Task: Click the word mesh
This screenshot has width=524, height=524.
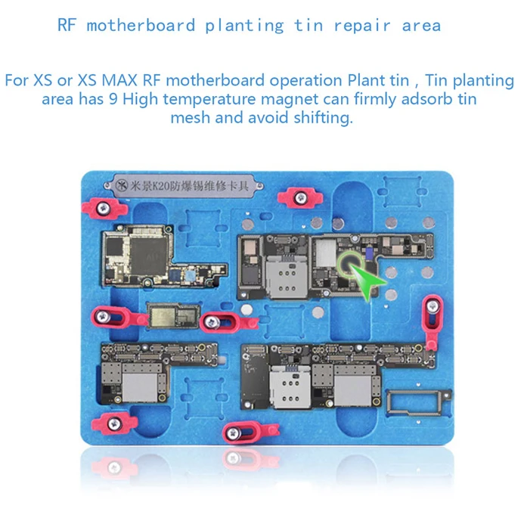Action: (189, 119)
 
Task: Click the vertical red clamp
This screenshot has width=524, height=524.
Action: (432, 322)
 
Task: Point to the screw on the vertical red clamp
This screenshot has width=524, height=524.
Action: (433, 306)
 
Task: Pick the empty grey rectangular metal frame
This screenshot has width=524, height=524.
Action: (414, 404)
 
